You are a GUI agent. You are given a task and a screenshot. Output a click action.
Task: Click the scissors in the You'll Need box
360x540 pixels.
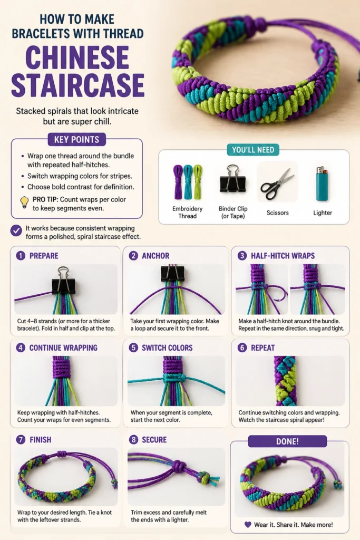click(277, 184)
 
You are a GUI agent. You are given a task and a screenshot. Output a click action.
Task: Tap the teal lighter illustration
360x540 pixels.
click(322, 184)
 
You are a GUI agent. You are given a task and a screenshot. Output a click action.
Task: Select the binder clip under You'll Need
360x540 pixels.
click(232, 179)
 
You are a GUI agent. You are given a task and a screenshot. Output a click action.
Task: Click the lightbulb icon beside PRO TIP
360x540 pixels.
click(24, 202)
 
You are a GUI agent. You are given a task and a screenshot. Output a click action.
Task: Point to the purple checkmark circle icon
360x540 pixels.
click(16, 230)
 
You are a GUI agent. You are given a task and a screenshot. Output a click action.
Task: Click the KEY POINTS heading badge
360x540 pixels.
click(76, 139)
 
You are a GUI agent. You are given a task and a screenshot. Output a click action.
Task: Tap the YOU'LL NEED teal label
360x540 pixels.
click(253, 150)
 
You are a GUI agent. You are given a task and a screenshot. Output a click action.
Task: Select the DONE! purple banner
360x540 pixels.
click(287, 441)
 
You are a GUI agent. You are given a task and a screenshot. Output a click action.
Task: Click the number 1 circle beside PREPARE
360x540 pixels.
click(21, 256)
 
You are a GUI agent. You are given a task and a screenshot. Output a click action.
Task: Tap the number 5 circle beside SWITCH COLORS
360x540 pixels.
click(133, 348)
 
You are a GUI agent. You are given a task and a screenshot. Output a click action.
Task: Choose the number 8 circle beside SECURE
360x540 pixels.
click(133, 439)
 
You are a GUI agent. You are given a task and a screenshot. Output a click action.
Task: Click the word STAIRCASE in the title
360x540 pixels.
click(78, 85)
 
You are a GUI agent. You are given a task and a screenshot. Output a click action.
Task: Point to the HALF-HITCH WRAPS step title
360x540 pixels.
click(283, 256)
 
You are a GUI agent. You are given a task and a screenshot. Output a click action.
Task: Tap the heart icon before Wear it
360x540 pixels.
click(248, 525)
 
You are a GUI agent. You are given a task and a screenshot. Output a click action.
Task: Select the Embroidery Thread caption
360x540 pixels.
click(187, 212)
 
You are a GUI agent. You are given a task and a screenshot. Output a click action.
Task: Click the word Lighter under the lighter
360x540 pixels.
click(323, 213)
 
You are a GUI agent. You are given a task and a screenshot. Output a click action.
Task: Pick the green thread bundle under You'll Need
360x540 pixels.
click(198, 181)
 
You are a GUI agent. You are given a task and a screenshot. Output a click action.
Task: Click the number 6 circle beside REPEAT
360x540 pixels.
click(242, 348)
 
